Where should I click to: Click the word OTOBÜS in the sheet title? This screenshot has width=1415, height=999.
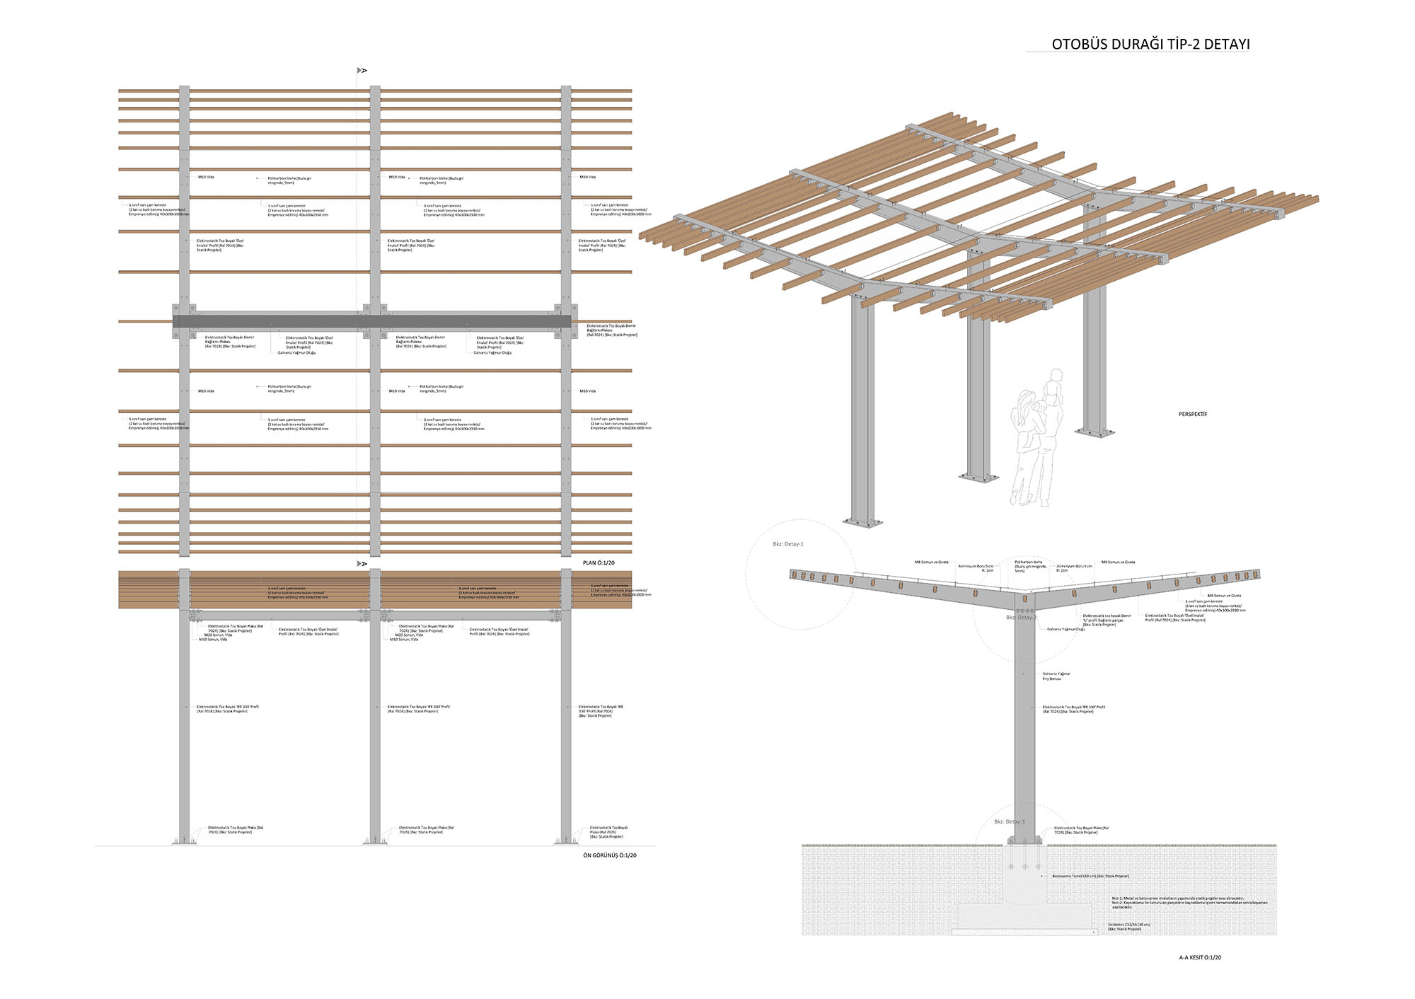click(1075, 44)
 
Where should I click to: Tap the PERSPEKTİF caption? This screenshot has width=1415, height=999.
click(1193, 415)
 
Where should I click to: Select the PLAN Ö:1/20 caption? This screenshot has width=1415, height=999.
click(599, 563)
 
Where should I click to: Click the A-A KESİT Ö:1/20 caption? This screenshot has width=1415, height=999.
click(1200, 957)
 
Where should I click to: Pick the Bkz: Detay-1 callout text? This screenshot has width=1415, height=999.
click(787, 544)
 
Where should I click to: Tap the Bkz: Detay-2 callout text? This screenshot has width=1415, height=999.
click(1021, 618)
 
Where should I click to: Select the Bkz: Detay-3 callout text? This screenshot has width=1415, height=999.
click(1009, 821)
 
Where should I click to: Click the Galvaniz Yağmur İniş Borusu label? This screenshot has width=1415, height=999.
click(1056, 676)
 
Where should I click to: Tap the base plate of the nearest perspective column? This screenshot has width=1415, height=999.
click(863, 523)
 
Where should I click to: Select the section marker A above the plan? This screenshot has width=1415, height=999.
click(362, 70)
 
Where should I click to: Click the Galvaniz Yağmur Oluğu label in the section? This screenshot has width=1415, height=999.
click(1065, 629)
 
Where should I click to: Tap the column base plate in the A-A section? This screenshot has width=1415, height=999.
click(1024, 843)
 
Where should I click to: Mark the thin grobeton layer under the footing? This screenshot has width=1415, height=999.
click(1026, 931)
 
